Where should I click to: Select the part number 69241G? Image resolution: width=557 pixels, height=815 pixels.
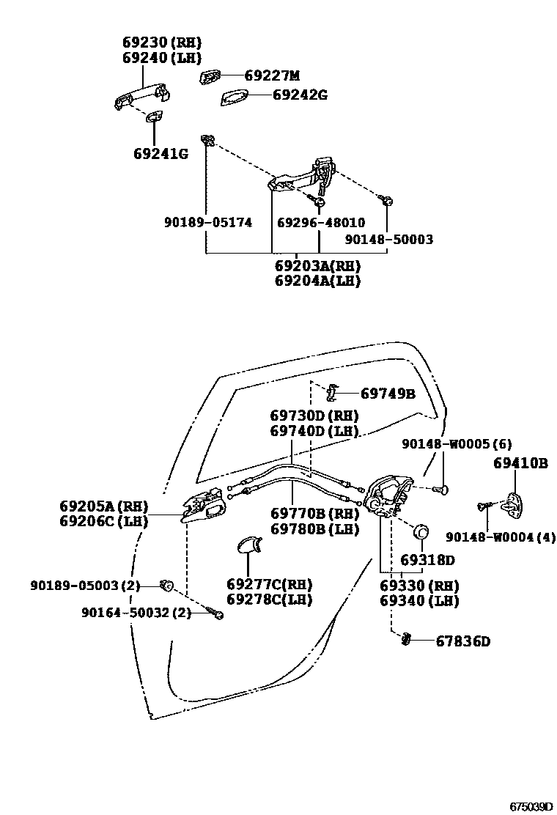pyautogui.click(x=161, y=154)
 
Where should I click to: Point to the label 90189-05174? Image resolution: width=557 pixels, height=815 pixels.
pyautogui.click(x=208, y=222)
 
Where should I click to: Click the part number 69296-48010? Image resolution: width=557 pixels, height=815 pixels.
pyautogui.click(x=320, y=222)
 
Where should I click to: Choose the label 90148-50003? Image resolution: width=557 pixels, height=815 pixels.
pyautogui.click(x=388, y=240)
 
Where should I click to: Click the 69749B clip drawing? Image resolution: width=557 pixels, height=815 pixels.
pyautogui.click(x=331, y=393)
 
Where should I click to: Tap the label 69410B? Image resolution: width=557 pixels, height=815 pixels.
pyautogui.click(x=520, y=463)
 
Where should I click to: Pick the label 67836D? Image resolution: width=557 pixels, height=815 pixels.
pyautogui.click(x=462, y=641)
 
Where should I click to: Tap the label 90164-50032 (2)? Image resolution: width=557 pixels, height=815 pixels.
pyautogui.click(x=136, y=613)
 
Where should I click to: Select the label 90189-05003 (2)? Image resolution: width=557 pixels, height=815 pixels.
pyautogui.click(x=85, y=585)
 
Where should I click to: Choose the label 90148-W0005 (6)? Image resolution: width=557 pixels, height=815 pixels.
pyautogui.click(x=457, y=444)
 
